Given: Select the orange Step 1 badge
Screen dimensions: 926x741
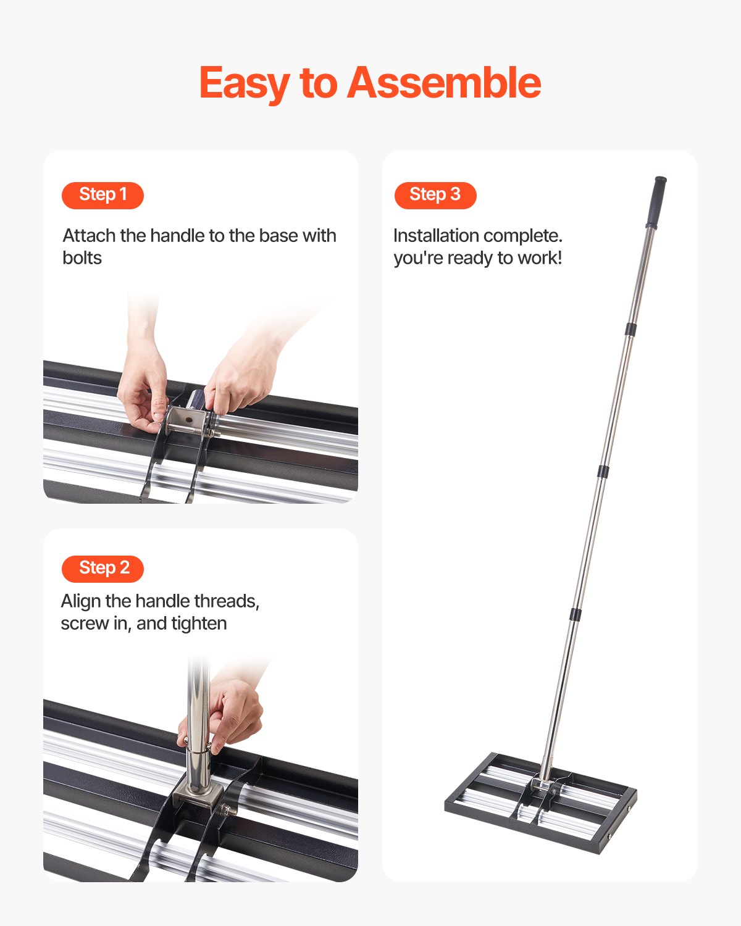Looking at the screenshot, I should (103, 195).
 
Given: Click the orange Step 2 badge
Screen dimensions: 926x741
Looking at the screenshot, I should (103, 568).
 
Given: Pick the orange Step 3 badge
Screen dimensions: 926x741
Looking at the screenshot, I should (435, 195).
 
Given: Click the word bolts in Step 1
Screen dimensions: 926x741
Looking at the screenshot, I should (82, 258).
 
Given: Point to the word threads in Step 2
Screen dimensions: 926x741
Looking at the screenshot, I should (227, 601).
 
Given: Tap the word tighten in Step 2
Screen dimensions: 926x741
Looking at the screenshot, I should (199, 624).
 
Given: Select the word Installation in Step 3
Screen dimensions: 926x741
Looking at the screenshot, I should (436, 236).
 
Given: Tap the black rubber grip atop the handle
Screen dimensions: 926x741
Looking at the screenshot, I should (656, 202).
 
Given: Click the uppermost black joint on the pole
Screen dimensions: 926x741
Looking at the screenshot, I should (630, 329).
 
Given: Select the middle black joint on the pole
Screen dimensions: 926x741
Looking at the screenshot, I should (603, 472).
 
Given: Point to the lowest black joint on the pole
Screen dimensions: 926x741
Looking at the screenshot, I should (576, 614).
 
